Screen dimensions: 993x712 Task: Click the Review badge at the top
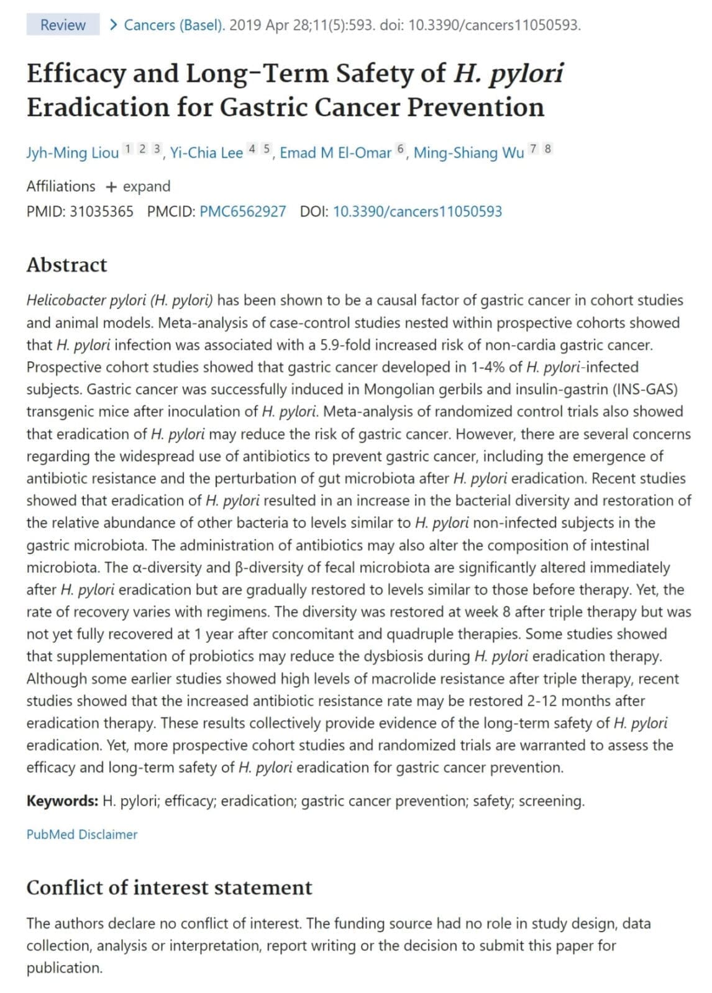coord(63,25)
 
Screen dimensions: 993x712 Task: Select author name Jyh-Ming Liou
coord(72,153)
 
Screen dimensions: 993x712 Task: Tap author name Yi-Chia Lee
coord(206,153)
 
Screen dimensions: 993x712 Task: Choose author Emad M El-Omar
coord(335,153)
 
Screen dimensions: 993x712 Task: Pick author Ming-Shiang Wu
coord(468,153)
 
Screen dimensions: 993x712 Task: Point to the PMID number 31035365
coord(101,212)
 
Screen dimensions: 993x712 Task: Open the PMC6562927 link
coord(242,212)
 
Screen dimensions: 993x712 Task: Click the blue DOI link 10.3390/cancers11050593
coord(417,212)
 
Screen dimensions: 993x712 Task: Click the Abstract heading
coord(66,265)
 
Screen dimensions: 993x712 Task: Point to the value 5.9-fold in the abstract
coord(346,345)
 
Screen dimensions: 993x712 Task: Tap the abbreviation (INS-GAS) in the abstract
coord(645,390)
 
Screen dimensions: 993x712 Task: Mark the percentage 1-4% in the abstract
coord(487,367)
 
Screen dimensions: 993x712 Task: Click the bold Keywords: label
coord(62,801)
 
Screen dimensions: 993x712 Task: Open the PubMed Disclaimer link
coord(81,835)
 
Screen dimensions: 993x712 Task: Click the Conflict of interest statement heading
coord(169,888)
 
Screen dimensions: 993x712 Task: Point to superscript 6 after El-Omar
coord(400,149)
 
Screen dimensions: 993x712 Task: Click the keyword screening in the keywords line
coord(550,801)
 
